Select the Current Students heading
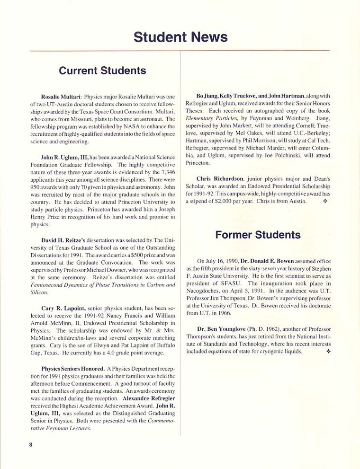(x=102, y=71)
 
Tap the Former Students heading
(x=258, y=235)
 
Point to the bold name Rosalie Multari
(x=62, y=97)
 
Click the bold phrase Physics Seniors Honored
(x=70, y=369)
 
